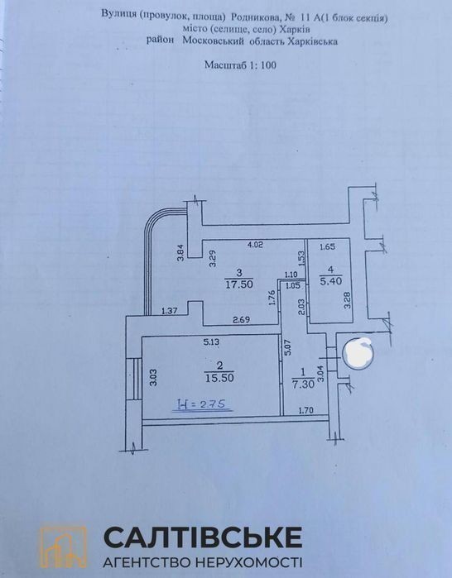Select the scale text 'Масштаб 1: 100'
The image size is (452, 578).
[241, 65]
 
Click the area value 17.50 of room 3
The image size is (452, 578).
[240, 284]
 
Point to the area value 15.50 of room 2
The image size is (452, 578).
[219, 378]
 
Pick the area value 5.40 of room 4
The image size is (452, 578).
[330, 281]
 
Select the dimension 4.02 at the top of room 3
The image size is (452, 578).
[255, 244]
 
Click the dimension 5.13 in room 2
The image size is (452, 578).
[211, 342]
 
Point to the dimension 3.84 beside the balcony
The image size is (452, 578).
[180, 254]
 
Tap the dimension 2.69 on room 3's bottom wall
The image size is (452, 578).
[242, 320]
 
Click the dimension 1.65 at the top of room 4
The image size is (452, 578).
[328, 247]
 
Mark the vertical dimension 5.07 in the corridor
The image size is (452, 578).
[289, 347]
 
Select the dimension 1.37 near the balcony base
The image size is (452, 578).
[170, 311]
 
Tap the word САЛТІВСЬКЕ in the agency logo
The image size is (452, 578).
[204, 537]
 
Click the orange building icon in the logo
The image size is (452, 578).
[64, 545]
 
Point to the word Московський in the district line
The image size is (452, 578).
[214, 41]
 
